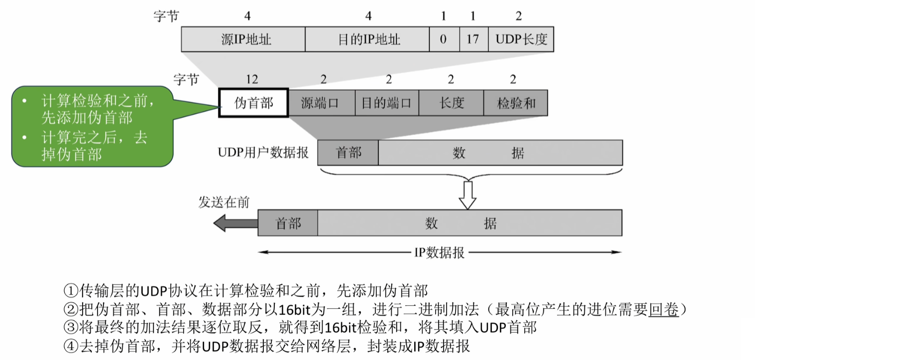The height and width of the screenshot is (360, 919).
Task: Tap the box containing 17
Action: [473, 39]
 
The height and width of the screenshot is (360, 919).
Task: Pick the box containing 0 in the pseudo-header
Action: [444, 39]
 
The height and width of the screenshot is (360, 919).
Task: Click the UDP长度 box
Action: [521, 39]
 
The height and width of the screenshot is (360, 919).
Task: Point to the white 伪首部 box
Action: [253, 103]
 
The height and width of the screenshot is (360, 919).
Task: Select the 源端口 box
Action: [321, 103]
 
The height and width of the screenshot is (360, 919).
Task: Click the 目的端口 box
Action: [387, 103]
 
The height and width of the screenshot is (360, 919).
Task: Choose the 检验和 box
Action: [516, 103]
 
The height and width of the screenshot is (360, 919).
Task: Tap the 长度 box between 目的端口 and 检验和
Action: [452, 103]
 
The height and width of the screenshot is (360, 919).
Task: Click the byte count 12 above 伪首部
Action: [252, 79]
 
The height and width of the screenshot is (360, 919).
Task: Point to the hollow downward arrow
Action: [467, 195]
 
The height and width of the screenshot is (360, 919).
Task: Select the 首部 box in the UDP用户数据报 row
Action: [348, 152]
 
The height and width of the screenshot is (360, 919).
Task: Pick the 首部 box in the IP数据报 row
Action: [288, 223]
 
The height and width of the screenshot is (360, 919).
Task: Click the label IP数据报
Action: [439, 252]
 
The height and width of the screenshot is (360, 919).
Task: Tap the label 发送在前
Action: [224, 202]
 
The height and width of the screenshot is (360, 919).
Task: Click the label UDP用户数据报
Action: [263, 152]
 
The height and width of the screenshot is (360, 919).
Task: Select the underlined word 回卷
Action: [664, 309]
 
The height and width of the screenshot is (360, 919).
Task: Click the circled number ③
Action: [71, 328]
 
